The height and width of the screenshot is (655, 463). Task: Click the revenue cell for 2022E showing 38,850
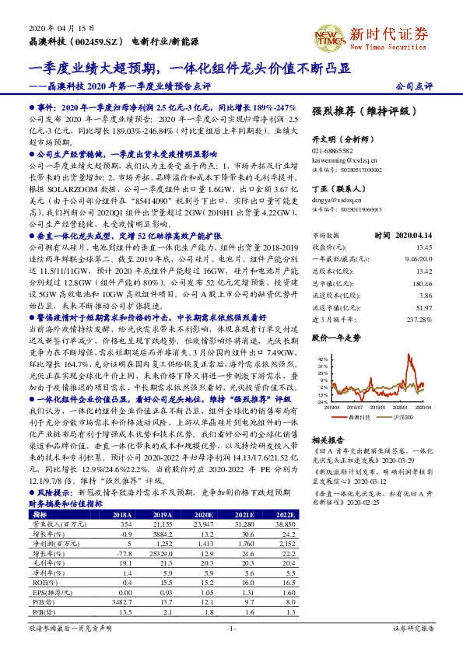tap(285, 526)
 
